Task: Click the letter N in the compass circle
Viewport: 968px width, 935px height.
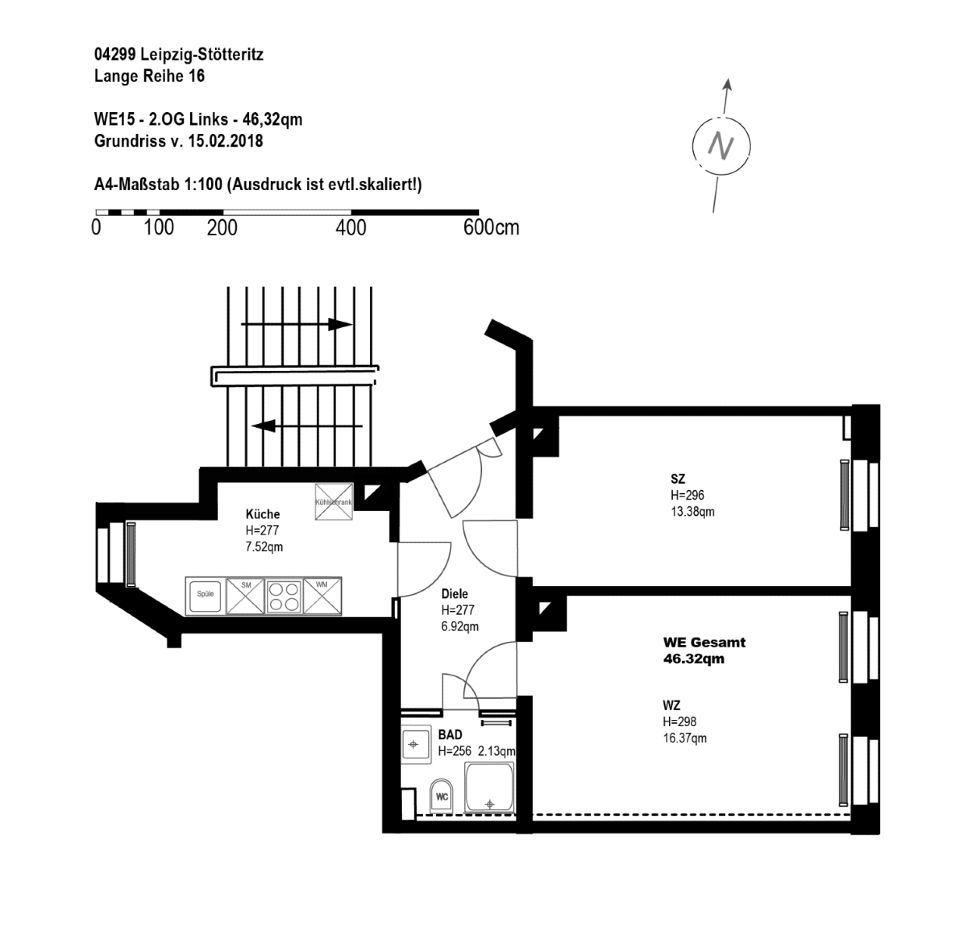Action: [x=721, y=146]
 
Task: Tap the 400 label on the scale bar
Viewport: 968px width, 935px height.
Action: [x=350, y=228]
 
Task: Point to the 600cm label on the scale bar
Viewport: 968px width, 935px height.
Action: [x=491, y=228]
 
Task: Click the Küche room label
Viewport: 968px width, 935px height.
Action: [x=262, y=514]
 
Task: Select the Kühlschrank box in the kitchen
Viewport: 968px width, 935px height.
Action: [x=334, y=502]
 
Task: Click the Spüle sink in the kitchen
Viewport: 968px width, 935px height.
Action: [x=206, y=595]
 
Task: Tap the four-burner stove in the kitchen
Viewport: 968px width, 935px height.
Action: [x=283, y=597]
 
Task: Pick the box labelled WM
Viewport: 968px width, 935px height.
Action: [x=322, y=595]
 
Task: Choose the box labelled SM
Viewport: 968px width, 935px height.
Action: [x=245, y=596]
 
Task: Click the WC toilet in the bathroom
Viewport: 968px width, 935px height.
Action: [x=442, y=796]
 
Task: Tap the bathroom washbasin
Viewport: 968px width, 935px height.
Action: [x=416, y=744]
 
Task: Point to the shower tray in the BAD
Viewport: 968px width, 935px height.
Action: [x=489, y=787]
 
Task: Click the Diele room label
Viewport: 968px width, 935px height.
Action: [x=455, y=594]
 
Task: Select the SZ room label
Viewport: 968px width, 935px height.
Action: [x=678, y=478]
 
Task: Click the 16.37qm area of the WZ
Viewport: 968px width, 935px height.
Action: [x=685, y=738]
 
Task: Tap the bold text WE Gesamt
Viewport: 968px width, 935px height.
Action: [x=704, y=642]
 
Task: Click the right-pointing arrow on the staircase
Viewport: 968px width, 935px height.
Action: [x=297, y=324]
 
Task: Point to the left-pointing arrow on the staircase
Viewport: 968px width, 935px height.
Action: [x=307, y=426]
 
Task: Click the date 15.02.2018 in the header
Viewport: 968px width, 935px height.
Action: [x=225, y=141]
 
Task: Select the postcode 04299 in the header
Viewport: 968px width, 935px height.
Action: [x=115, y=55]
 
